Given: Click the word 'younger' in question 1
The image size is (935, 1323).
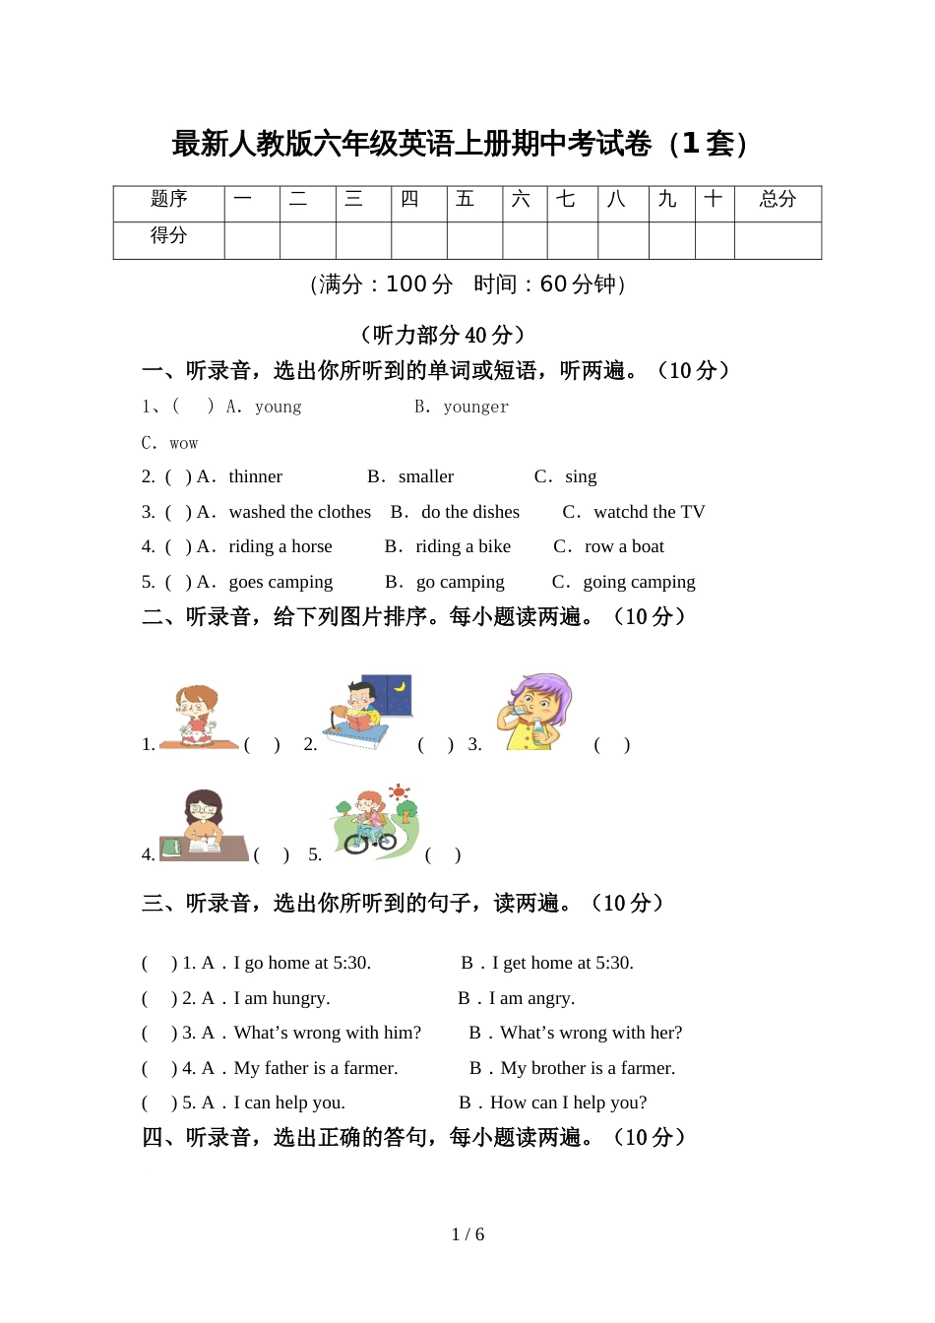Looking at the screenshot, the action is (x=475, y=407).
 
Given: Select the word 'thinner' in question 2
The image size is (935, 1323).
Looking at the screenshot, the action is (x=255, y=476).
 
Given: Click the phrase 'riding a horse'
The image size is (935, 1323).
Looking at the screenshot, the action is (x=280, y=546).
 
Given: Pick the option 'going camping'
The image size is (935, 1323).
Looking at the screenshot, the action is (x=639, y=582).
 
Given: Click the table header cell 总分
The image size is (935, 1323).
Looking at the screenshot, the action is (x=778, y=200).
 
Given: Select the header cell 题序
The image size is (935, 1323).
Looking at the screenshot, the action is (x=168, y=200).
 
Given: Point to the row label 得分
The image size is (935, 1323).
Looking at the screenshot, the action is (x=168, y=236).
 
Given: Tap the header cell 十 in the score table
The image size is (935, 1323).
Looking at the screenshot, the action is (x=714, y=200).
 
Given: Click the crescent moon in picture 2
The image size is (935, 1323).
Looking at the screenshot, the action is (x=400, y=686).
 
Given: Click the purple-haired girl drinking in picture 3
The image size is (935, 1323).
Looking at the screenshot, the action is (x=536, y=711).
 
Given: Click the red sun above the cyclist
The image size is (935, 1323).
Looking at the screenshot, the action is (x=399, y=792).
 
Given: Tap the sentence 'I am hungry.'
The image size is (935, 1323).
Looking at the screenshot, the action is (x=281, y=998).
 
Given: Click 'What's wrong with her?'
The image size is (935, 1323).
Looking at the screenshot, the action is (x=591, y=1033).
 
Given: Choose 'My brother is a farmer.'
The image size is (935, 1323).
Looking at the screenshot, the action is (x=588, y=1068).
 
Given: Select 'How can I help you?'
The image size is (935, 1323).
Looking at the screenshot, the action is (x=568, y=1102).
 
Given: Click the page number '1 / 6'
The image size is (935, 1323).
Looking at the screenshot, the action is (x=467, y=1234).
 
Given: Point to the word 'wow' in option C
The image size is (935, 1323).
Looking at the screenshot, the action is (x=184, y=443).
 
